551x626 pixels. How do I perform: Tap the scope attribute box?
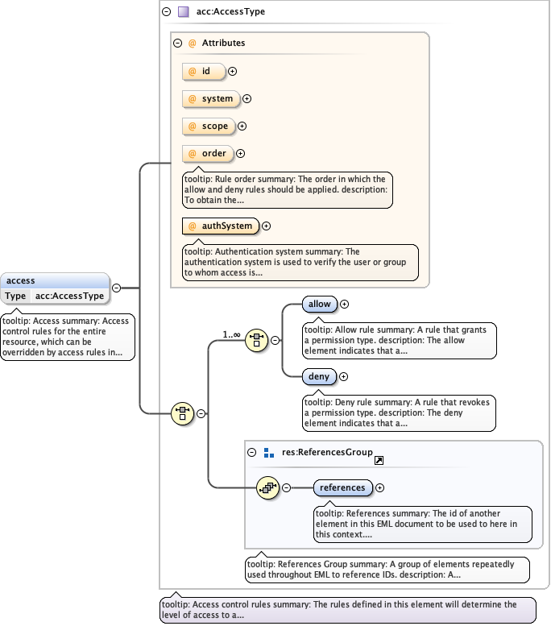point(209,126)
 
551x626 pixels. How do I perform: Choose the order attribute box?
point(207,154)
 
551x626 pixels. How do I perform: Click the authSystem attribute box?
point(221,226)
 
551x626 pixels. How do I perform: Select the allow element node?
point(320,305)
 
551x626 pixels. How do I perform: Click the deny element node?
point(319,376)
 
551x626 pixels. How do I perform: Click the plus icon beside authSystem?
point(267,226)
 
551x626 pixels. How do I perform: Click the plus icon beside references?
point(380,487)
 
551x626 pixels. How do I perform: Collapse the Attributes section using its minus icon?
point(178,43)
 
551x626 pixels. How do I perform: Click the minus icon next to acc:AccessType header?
point(167,12)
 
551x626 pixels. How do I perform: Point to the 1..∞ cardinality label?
point(231,334)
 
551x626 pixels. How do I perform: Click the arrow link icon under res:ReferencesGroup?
point(379,459)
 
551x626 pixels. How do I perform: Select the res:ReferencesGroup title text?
point(327,453)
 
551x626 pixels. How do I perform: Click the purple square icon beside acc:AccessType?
point(183,12)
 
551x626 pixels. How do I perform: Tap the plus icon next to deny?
point(343,376)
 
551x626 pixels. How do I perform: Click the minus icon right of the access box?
point(117,288)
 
